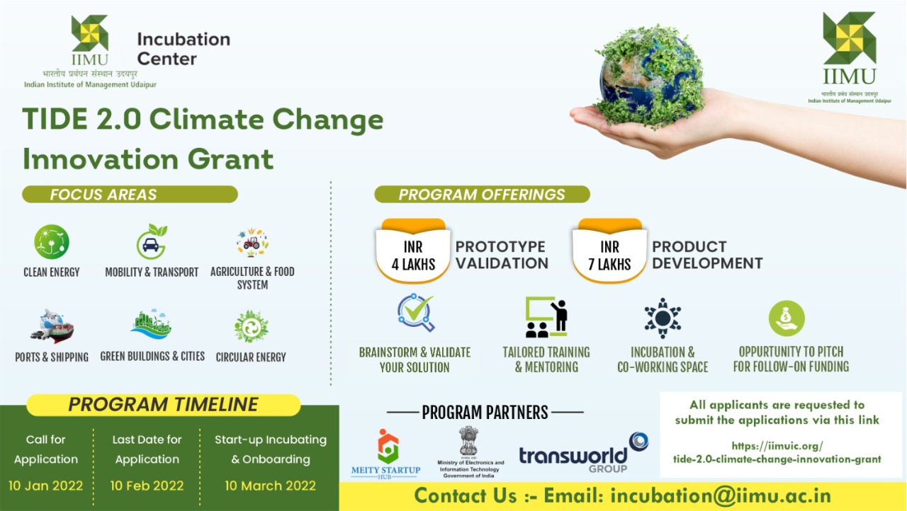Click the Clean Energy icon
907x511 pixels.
pos(52,241)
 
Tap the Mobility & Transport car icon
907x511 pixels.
pos(151,242)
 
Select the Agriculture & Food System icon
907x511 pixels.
pos(252,243)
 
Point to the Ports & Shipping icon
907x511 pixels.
pos(52,326)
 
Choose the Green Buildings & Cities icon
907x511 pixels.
pos(151,325)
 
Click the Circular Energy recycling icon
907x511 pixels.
pos(251,327)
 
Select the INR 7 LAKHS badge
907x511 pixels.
pos(609,255)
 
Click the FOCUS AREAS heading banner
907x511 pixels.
pos(130,195)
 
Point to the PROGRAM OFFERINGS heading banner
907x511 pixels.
pos(482,195)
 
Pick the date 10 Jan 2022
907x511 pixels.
pos(46,486)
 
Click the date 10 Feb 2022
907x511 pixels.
pos(147,486)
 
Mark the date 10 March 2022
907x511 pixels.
pos(271,486)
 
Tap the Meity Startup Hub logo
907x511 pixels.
pos(386,453)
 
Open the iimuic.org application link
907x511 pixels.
pos(777,452)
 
